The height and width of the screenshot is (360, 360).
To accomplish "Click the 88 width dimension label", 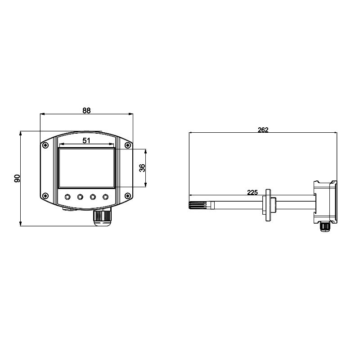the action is tap(86, 111).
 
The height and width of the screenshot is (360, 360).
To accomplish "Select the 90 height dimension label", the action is tap(17, 178).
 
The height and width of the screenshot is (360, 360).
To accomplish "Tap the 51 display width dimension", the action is tap(86, 140).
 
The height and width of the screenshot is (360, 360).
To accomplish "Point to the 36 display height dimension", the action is tap(142, 168).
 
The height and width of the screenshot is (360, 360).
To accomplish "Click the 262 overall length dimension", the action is tap(263, 130).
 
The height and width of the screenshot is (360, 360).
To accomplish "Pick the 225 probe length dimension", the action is tap(252, 193).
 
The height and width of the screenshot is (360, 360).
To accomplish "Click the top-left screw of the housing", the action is tap(45, 145).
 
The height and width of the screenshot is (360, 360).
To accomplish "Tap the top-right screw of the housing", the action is tap(128, 145).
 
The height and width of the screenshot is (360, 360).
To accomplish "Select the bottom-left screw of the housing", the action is tap(45, 196).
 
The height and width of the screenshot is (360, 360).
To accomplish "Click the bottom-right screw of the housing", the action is tap(128, 196).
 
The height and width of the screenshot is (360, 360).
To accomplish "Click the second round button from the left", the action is tap(80, 197).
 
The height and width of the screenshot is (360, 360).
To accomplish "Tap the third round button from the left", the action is tap(93, 197).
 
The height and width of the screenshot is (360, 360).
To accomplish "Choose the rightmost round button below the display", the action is tap(105, 197).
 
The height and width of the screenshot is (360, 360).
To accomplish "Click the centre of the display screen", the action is tap(86, 168).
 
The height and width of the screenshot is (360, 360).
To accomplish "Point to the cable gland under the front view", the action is tap(102, 217).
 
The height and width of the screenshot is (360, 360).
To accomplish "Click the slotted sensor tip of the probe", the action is tap(198, 205).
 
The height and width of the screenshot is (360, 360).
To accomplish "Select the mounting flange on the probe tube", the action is tap(268, 205).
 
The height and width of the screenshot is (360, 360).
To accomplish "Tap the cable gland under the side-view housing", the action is tap(325, 226).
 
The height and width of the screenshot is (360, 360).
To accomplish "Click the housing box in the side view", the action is tap(325, 202).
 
